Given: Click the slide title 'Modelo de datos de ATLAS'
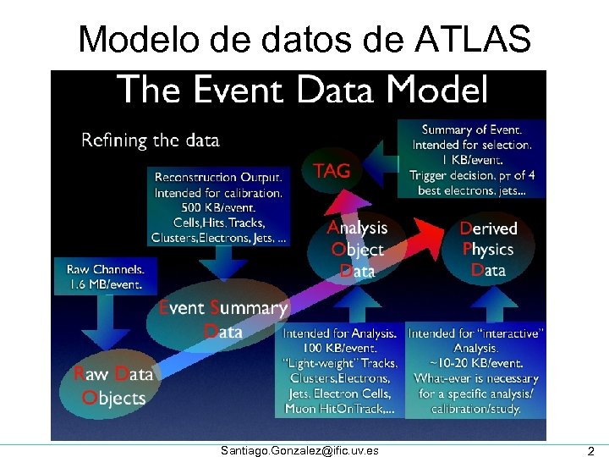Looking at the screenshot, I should [x=304, y=39].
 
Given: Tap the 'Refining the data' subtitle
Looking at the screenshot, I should [x=150, y=140].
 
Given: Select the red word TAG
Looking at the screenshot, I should [x=331, y=171].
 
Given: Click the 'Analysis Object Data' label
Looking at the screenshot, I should [x=357, y=249].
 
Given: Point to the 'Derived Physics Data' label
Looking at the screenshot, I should [x=488, y=249].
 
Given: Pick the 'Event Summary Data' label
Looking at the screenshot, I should [x=223, y=319].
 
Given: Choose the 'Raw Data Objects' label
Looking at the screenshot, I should [x=113, y=386].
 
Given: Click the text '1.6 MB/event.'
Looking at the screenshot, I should [x=105, y=284].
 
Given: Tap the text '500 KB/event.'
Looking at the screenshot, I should [x=218, y=208].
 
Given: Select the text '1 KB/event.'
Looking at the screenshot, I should [x=472, y=160].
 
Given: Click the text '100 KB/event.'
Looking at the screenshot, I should [x=342, y=348].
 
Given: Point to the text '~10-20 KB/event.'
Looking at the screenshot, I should [x=475, y=363].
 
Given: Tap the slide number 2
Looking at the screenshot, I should [x=591, y=450].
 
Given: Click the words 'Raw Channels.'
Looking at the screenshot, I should [x=105, y=269].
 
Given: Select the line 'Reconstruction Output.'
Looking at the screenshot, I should [x=218, y=178].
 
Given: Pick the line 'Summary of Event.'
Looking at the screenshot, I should [x=472, y=129].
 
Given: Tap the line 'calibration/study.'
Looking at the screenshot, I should [x=475, y=409].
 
